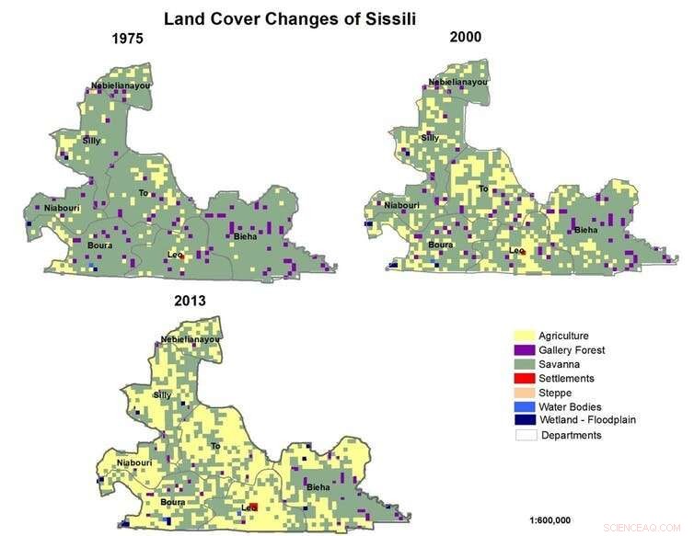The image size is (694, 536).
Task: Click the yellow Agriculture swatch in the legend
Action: pos(525,336)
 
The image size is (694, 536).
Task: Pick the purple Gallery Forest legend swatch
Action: pos(525,350)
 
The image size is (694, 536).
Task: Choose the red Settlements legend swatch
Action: pos(525,378)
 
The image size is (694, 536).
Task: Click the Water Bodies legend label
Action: pos(570,406)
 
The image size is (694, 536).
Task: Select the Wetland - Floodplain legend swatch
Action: pos(525,420)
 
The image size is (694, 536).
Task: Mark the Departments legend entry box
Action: pos(525,435)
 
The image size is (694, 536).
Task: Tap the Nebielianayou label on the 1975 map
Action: pos(121,86)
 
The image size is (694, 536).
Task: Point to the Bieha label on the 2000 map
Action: pos(585,230)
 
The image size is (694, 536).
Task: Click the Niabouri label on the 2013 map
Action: pos(134,436)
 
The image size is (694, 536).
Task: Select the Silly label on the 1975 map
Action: pos(91,141)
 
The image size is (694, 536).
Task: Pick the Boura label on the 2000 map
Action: pos(440,245)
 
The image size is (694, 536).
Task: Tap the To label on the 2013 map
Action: pos(216,446)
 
